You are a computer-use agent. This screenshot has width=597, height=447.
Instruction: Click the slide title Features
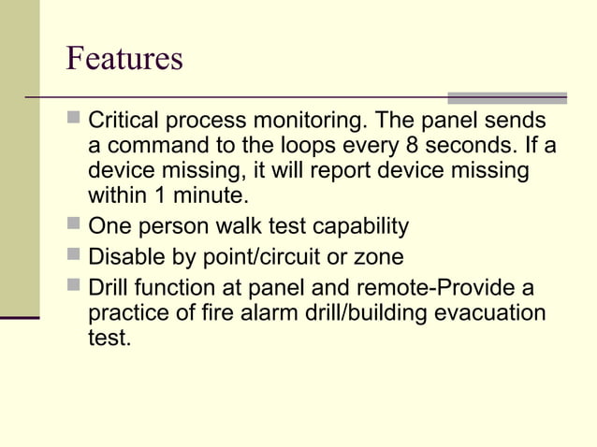[x=124, y=58]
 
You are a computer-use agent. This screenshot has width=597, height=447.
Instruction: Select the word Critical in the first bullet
[x=121, y=123]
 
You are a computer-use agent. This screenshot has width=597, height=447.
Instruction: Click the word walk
[x=237, y=226]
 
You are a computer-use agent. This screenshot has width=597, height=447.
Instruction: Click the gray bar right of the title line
[x=507, y=97]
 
